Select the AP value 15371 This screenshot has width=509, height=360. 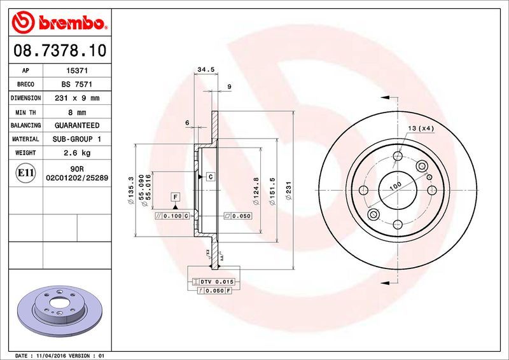coord(77,71)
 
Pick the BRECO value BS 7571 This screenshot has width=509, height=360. coord(77,85)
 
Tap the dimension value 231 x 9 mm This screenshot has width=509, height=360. coord(77,98)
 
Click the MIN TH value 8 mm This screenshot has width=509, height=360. coord(77,112)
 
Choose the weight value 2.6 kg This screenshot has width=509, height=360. coord(77,153)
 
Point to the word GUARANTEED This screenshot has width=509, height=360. coord(77,125)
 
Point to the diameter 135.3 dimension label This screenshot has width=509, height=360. coord(131,190)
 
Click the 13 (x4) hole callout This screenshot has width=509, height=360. coord(421,129)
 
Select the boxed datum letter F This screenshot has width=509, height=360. coord(174,197)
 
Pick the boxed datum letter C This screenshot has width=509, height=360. coord(210,176)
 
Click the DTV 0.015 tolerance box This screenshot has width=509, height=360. coord(213,281)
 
